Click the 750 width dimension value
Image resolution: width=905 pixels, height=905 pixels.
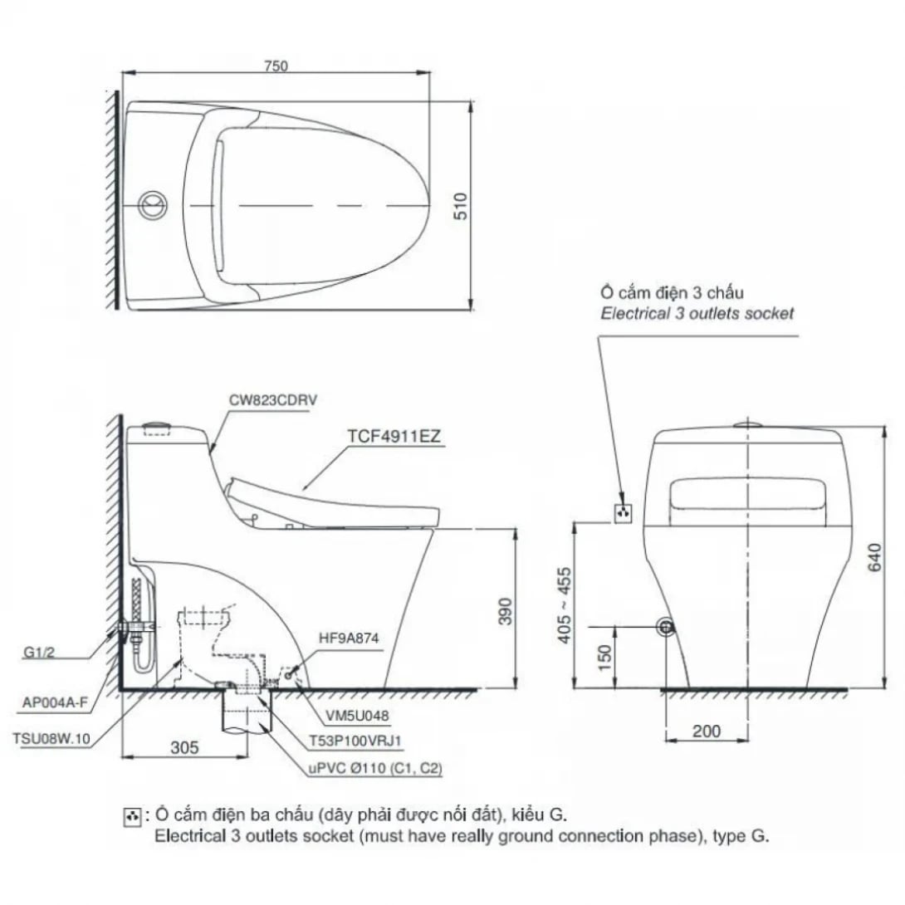[x=276, y=67]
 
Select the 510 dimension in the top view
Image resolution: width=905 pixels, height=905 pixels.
[x=462, y=205]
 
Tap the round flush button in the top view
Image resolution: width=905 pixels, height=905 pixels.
[x=152, y=204]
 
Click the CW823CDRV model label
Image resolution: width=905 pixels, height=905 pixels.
[x=272, y=399]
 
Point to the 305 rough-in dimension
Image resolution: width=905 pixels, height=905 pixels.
[x=184, y=747]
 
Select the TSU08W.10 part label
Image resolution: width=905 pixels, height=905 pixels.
[x=51, y=736]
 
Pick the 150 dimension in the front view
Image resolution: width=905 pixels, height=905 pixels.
[x=604, y=658]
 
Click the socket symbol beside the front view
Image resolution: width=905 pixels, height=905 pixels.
[x=623, y=512]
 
